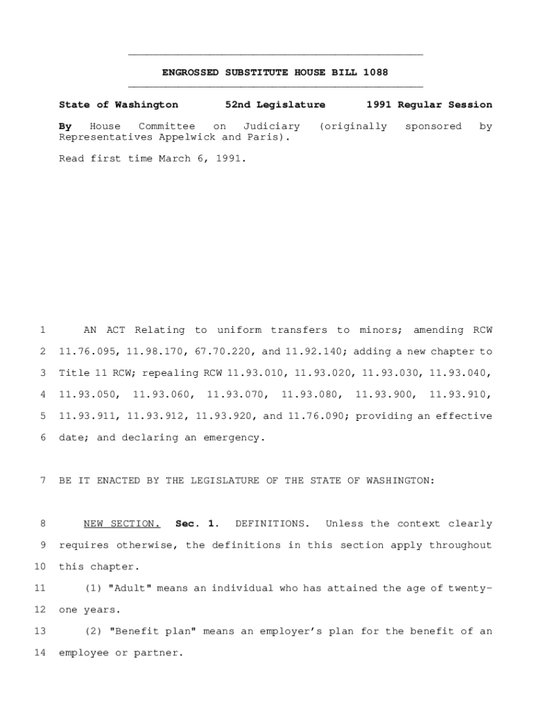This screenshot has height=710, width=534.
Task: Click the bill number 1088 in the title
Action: point(376,72)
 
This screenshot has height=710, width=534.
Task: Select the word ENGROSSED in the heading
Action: point(187,72)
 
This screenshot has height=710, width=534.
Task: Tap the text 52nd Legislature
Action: point(275,105)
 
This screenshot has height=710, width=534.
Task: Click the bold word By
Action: point(65,126)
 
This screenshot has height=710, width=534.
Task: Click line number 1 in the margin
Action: point(43,330)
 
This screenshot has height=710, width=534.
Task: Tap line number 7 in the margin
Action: point(43,480)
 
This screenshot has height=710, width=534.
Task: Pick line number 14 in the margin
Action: point(40,652)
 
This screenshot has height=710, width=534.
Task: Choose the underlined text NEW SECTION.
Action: point(122,523)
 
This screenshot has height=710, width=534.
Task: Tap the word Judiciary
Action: point(272,126)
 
